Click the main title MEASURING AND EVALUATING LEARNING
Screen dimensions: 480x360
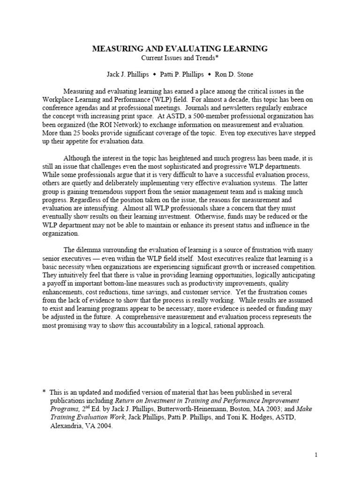tap(180, 48)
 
